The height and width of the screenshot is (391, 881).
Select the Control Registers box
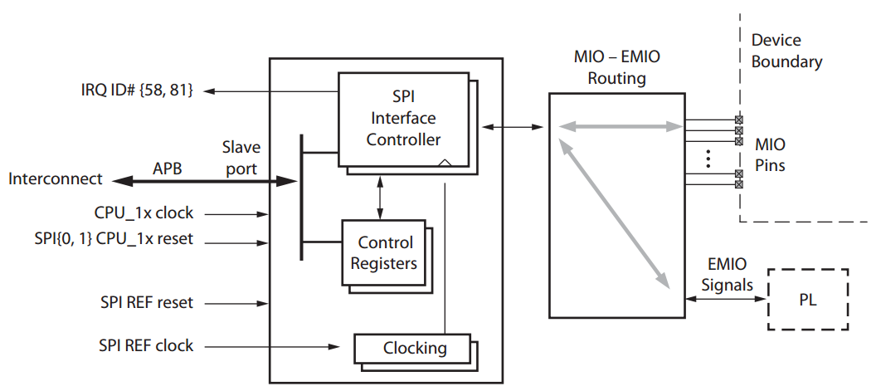pos(385,253)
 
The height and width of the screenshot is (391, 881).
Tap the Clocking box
pos(412,348)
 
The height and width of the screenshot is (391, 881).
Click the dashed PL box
pos(807,300)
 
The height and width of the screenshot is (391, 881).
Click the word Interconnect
pos(56,178)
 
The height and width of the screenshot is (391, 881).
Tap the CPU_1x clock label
pos(144,213)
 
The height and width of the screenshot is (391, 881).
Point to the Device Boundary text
pos(786,51)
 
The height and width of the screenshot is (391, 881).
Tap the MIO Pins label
pos(770,155)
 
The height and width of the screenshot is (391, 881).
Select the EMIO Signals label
pos(727,275)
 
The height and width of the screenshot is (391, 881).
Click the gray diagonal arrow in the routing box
pos(615,214)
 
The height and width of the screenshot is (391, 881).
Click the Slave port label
pos(241,157)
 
